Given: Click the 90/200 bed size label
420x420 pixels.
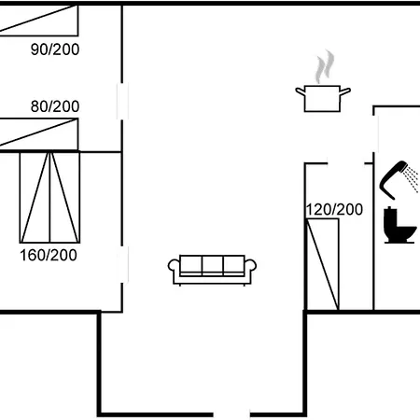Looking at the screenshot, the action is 55,49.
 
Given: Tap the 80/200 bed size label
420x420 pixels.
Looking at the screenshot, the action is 55,106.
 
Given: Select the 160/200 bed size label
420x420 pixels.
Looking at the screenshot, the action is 49,255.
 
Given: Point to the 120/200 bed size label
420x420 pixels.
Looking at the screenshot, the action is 335,209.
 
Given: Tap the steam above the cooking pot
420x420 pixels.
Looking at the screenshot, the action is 325,66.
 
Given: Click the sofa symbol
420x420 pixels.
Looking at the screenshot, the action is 212,270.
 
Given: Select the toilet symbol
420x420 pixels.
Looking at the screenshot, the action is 399,225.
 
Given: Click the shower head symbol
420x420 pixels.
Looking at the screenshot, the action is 393,180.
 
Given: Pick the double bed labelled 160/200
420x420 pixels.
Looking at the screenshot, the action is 49,197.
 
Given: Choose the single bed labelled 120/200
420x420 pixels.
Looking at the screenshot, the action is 323,264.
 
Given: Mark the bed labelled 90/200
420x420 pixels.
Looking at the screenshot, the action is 39,21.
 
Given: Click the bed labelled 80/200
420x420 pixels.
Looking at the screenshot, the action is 39,133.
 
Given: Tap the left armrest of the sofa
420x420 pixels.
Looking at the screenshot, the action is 174,266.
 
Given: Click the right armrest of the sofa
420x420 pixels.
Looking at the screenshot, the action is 250,265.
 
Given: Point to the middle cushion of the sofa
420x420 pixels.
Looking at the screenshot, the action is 213,264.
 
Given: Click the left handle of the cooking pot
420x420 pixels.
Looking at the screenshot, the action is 301,91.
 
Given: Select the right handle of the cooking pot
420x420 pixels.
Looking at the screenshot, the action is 345,91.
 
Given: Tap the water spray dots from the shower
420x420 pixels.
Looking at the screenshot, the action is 412,179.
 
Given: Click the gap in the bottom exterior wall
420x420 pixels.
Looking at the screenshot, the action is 231,414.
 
